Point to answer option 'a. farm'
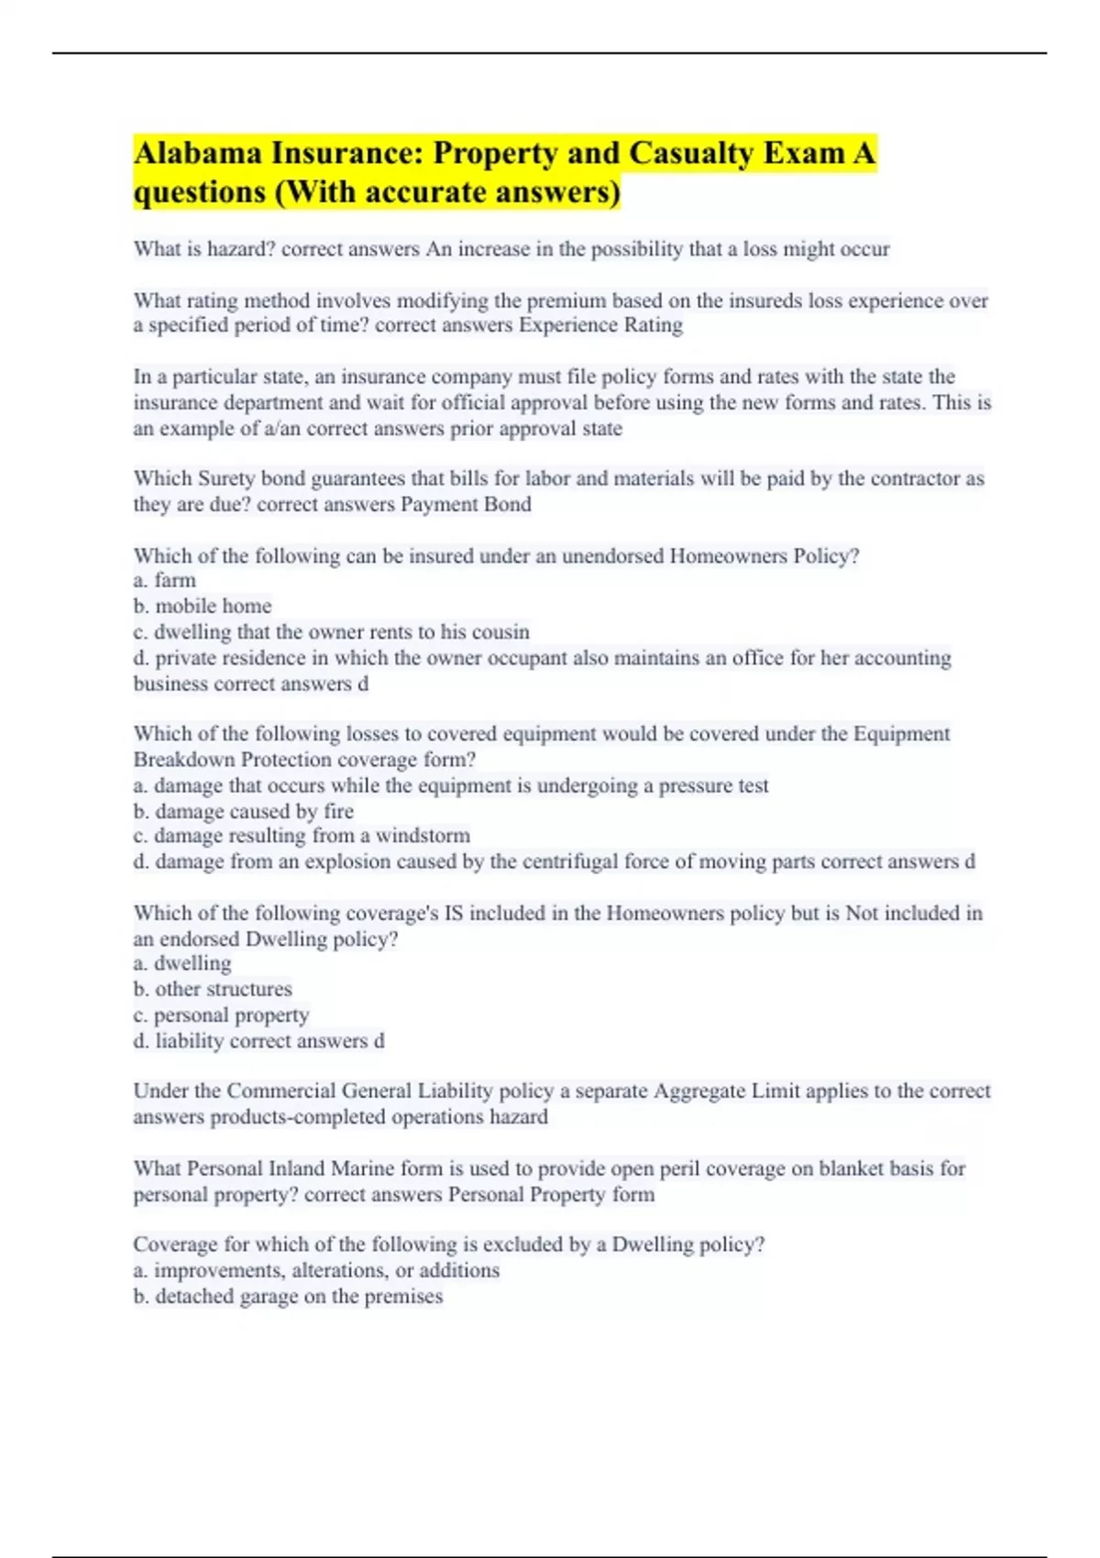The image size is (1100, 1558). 165,580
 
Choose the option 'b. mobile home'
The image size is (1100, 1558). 203,606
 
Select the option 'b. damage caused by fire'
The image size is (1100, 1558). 244,811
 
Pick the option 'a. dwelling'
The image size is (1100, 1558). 182,963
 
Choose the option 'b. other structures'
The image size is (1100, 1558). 213,989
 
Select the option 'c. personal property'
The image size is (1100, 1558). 221,1015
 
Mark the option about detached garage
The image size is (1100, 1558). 288,1296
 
